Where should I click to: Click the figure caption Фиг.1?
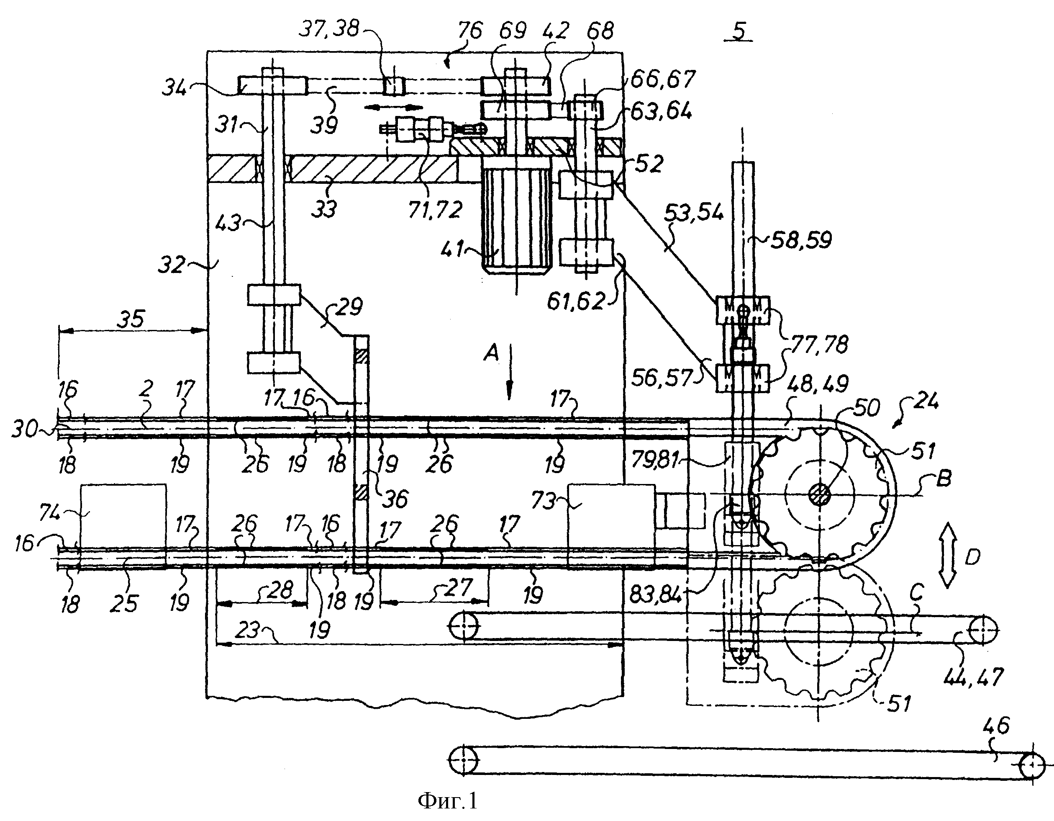(x=447, y=801)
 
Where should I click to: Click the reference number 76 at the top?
(x=469, y=31)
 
